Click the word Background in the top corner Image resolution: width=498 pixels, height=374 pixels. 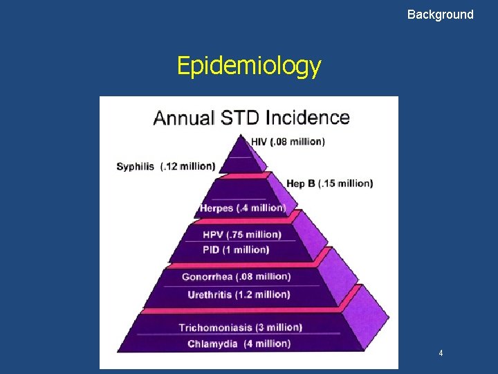(440, 14)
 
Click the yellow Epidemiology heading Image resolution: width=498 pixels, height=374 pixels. (248, 65)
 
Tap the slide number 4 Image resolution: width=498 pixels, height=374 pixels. (441, 353)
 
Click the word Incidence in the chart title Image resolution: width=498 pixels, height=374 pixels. (306, 116)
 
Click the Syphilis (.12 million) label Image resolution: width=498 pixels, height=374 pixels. (166, 166)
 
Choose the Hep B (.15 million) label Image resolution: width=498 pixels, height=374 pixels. (329, 184)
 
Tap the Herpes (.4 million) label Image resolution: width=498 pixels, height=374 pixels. (242, 208)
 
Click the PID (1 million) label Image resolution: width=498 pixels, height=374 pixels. (236, 249)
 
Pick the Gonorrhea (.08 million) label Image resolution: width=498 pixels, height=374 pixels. (236, 276)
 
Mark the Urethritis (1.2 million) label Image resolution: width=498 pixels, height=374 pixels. (239, 294)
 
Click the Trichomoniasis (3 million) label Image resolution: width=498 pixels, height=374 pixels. (240, 327)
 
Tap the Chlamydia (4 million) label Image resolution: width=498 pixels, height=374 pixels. (239, 344)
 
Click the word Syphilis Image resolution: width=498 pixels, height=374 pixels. (136, 166)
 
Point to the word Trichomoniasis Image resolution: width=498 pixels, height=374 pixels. (216, 327)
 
